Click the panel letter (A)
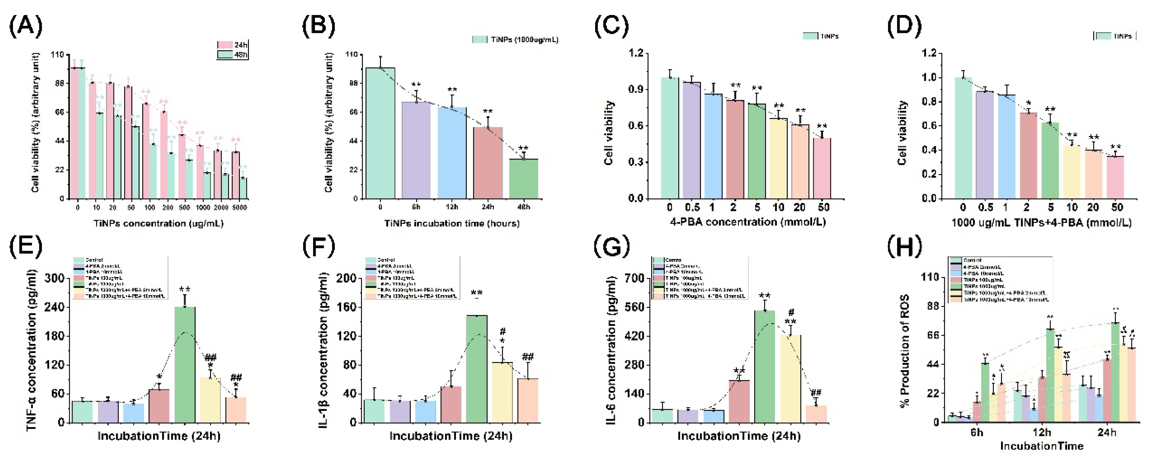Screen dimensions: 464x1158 click(x=26, y=26)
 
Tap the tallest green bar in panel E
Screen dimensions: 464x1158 click(x=185, y=364)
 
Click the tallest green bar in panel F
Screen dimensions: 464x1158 click(x=477, y=369)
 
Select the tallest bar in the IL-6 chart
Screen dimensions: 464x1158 click(x=765, y=366)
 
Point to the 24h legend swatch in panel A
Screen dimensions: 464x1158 click(x=225, y=45)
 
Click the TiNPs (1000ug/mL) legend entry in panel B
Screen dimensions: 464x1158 click(x=515, y=40)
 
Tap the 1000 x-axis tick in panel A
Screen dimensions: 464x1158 click(x=203, y=208)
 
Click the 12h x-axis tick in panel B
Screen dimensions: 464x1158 click(x=452, y=207)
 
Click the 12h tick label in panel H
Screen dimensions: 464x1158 click(x=1042, y=432)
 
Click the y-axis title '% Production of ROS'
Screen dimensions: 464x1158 click(x=904, y=350)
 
